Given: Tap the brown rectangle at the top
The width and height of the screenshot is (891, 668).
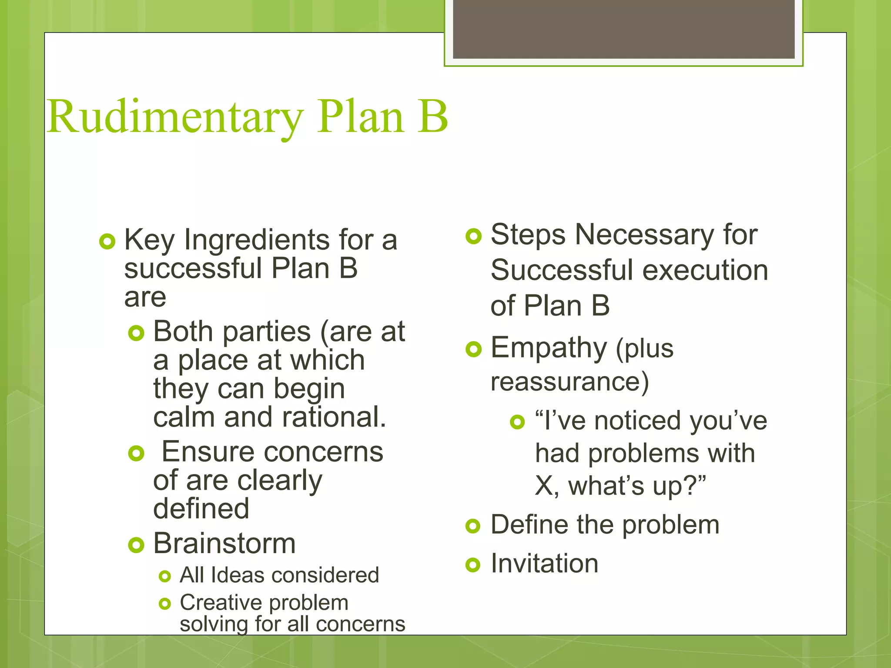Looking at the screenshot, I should [x=623, y=29].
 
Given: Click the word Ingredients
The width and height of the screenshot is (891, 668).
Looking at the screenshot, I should [x=257, y=240].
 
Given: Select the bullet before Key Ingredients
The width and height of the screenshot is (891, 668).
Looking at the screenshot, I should [x=107, y=241].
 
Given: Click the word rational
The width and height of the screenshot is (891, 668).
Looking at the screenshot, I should [x=334, y=417].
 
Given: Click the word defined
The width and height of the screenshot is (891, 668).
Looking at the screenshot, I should [x=201, y=508].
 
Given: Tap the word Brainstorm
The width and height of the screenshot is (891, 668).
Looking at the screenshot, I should [x=224, y=544].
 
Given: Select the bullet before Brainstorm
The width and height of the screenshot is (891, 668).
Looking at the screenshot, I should [x=136, y=545].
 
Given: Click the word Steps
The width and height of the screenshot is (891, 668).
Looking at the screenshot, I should [x=528, y=235].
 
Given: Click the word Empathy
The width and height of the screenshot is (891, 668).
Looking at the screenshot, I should [x=549, y=348].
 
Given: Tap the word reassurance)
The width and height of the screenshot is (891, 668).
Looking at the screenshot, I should [x=569, y=382].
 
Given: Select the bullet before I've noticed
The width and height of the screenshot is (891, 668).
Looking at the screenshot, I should [x=517, y=421].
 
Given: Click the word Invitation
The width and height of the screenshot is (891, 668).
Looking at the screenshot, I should [x=544, y=564].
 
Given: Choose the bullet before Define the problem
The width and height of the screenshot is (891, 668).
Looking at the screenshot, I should [x=473, y=526].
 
